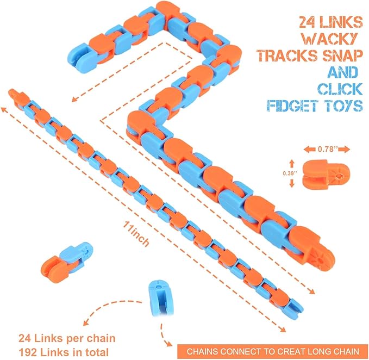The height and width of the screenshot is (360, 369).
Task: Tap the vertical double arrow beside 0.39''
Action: pyautogui.click(x=291, y=173)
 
